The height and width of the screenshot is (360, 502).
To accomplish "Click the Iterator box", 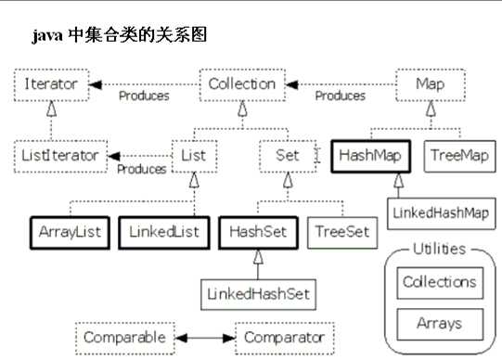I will [x=52, y=84].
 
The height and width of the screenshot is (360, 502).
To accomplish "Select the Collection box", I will [x=242, y=84].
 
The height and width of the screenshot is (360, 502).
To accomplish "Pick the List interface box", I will [x=193, y=156].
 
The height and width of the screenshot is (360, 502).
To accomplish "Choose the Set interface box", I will [x=288, y=156].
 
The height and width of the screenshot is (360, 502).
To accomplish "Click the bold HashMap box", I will [x=370, y=156].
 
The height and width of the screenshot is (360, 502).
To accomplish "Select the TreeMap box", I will [x=454, y=156].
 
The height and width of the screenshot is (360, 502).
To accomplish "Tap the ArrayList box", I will [x=70, y=229].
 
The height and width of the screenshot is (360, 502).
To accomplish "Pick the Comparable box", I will [x=123, y=337].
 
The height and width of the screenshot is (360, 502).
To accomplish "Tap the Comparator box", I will [x=282, y=337].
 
